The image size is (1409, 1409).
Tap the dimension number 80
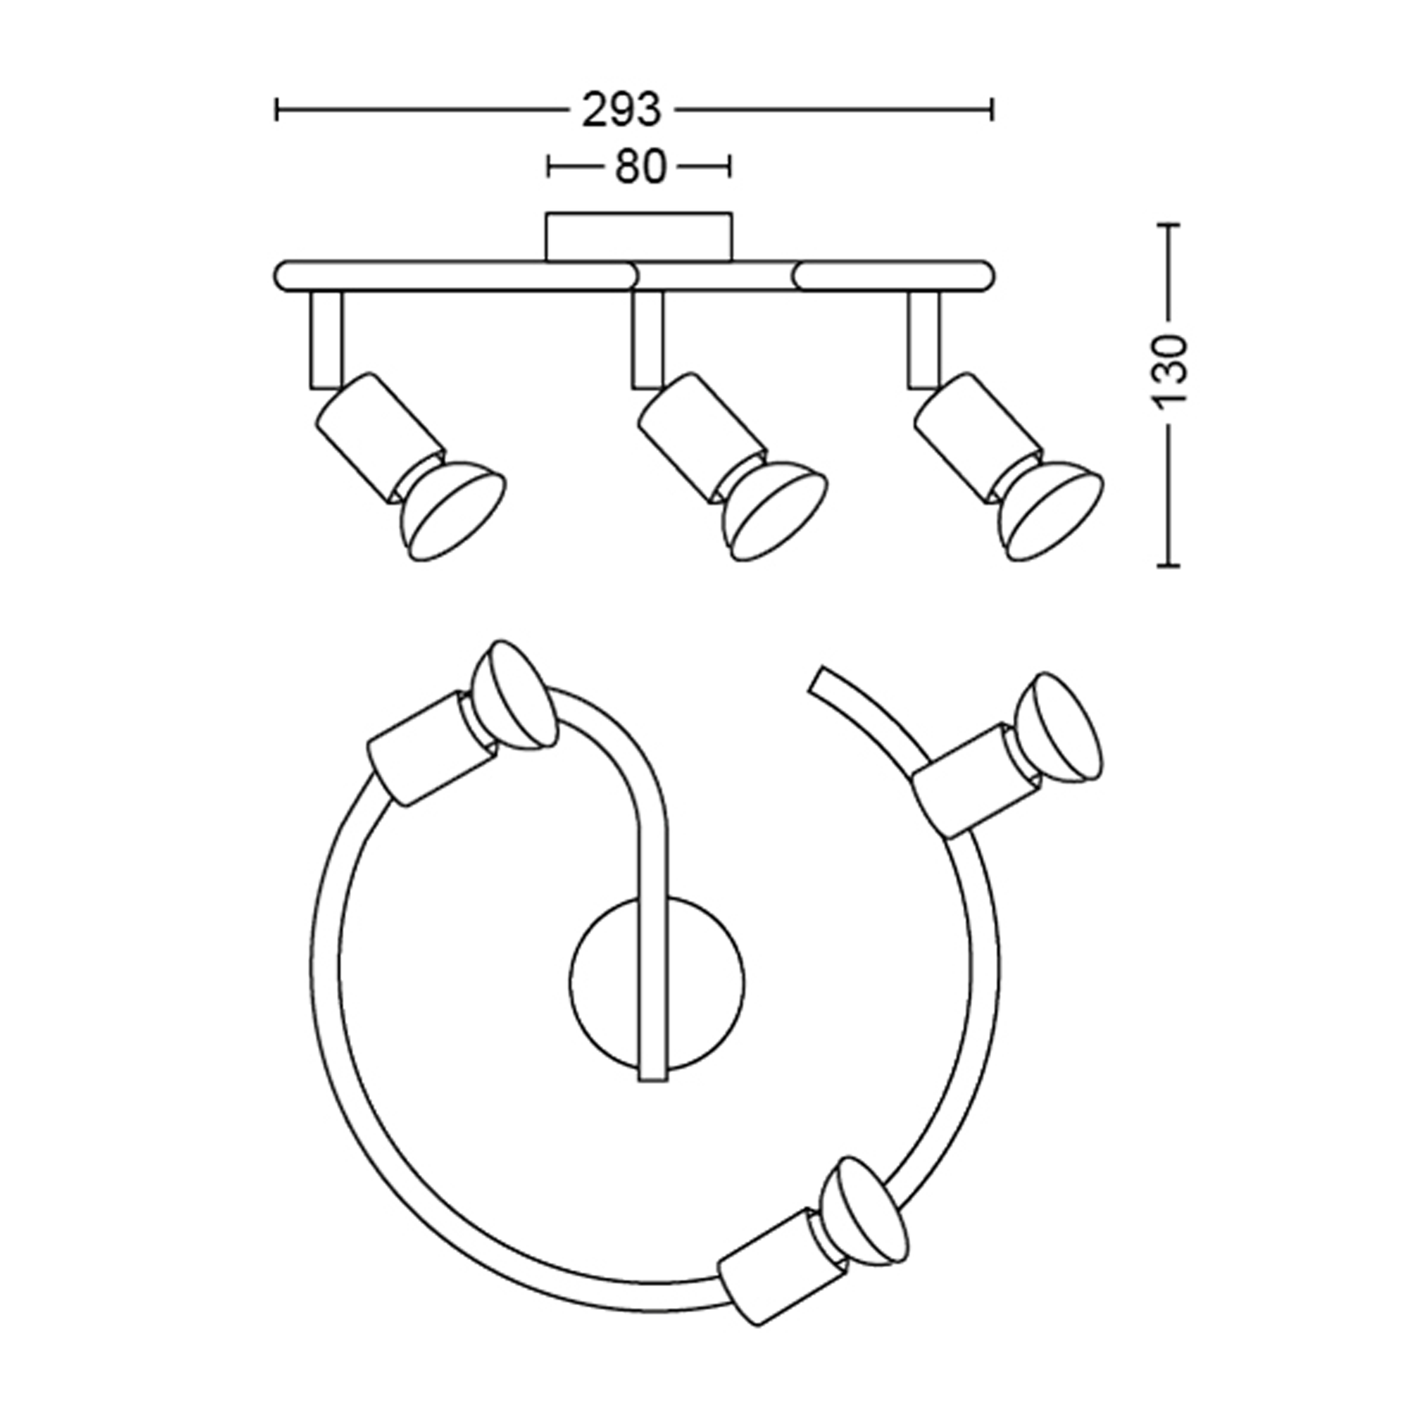(640, 167)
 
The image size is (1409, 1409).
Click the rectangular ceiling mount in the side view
(639, 236)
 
